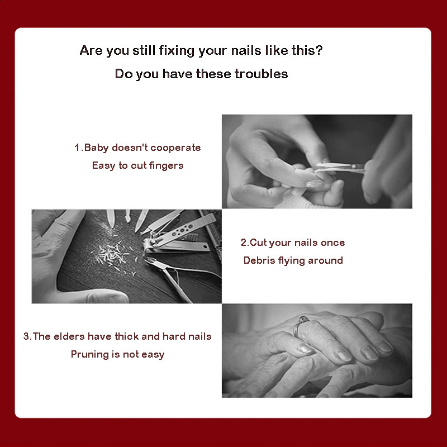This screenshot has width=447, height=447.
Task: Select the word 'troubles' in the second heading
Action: pyautogui.click(x=261, y=74)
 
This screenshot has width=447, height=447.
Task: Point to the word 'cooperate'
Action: pyautogui.click(x=175, y=148)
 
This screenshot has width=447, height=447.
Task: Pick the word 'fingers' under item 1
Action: pyautogui.click(x=166, y=165)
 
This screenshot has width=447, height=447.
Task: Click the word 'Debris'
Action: pyautogui.click(x=259, y=260)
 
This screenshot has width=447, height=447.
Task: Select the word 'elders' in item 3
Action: pyautogui.click(x=69, y=336)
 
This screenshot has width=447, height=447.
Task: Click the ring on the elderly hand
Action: pyautogui.click(x=299, y=325)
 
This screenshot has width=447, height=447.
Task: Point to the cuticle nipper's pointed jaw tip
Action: pyautogui.click(x=146, y=260)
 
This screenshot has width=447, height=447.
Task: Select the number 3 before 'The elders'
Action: pyautogui.click(x=26, y=336)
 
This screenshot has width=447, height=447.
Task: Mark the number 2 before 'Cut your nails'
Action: pyautogui.click(x=244, y=242)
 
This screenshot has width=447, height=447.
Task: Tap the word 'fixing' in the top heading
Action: pyautogui.click(x=177, y=50)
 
